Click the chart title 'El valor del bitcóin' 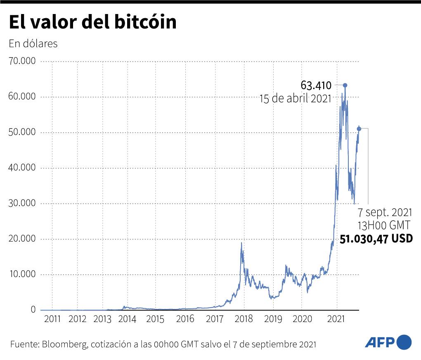click(x=92, y=23)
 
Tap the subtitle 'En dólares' click(x=33, y=44)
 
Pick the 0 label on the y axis click(x=33, y=310)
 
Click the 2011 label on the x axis click(x=52, y=319)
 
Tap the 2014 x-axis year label click(x=127, y=319)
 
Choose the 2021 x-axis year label click(x=336, y=319)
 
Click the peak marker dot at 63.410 click(x=345, y=85)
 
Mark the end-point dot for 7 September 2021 click(x=359, y=129)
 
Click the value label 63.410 click(x=316, y=86)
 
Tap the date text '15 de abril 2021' click(x=295, y=99)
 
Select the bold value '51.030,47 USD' click(x=376, y=239)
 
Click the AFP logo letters click(x=379, y=342)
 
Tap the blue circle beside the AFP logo click(x=404, y=342)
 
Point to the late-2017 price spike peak click(x=241, y=243)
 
